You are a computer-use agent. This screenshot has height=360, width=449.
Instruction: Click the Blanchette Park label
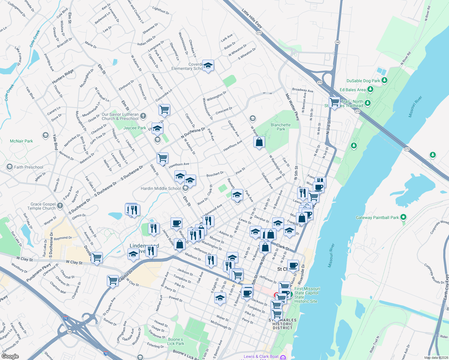point(281,127)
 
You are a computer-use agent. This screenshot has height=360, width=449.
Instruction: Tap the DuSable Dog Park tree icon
point(384,80)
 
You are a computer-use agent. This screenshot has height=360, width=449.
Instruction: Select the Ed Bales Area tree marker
point(370,89)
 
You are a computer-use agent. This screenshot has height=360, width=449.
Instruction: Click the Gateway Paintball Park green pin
point(403,217)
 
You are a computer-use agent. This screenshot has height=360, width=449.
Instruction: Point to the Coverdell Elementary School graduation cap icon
point(208,65)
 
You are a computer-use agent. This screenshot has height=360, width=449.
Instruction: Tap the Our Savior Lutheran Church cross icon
point(143,116)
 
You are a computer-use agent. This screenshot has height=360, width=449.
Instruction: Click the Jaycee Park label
point(135,128)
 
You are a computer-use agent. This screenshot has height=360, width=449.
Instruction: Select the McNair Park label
point(21,141)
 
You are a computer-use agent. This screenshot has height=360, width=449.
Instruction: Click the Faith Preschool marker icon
point(10,167)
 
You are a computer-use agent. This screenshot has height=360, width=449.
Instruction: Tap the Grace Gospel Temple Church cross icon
point(60,205)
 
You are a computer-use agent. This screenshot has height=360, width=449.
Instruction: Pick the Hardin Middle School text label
point(161,188)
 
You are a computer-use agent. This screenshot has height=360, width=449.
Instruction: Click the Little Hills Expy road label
point(252,18)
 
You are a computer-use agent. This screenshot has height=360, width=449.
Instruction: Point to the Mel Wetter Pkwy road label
point(292,107)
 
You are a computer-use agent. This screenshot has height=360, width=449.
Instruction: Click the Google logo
point(10,356)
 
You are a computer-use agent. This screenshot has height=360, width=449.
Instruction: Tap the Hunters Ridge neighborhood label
point(63,77)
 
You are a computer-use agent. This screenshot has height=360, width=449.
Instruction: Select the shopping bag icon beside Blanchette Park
point(259,142)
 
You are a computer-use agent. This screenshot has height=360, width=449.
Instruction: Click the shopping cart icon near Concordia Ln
point(164,109)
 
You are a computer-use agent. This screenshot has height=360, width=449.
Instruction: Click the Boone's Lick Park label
point(176,341)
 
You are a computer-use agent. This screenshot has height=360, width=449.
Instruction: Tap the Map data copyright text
point(436,358)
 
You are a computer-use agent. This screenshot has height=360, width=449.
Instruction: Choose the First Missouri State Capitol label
point(307,295)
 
